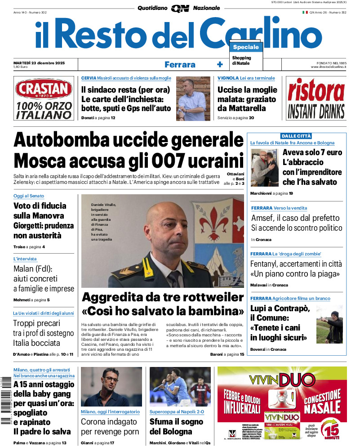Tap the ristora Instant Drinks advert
316,99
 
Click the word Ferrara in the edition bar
180,65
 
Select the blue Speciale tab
246,47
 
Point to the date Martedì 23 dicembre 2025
39,63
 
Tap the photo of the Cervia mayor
193,98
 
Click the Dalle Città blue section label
296,136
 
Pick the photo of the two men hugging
264,168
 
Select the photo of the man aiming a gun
329,324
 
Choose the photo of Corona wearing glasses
111,386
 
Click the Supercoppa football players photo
180,386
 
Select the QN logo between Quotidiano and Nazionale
180,8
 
